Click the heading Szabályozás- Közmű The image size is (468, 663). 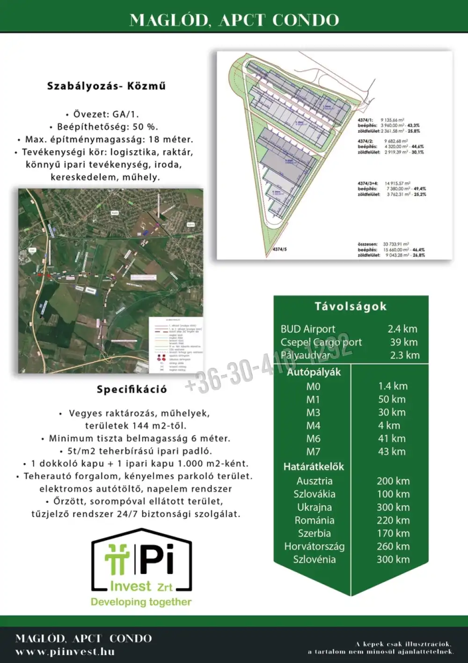pyautogui.click(x=106, y=86)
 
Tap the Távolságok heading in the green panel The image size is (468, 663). pyautogui.click(x=351, y=306)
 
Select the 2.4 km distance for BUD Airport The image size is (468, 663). pyautogui.click(x=402, y=329)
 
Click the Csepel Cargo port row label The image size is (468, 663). pyautogui.click(x=321, y=342)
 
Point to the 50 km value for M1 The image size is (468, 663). pyautogui.click(x=392, y=399)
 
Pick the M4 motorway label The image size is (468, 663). pyautogui.click(x=313, y=425)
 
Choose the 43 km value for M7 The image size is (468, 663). pyautogui.click(x=392, y=452)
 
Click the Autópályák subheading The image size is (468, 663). pyautogui.click(x=314, y=372)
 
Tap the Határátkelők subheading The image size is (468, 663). pyautogui.click(x=314, y=467)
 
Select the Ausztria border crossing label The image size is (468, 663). pyautogui.click(x=314, y=481)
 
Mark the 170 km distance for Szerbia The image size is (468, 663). pyautogui.click(x=393, y=533)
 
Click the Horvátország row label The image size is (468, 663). pyautogui.click(x=314, y=546)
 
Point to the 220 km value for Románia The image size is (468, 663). pyautogui.click(x=393, y=520)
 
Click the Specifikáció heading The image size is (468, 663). pyautogui.click(x=132, y=389)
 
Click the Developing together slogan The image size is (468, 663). pyautogui.click(x=141, y=602)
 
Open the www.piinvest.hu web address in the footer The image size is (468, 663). pyautogui.click(x=65, y=652)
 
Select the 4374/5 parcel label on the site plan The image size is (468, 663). pyautogui.click(x=279, y=250)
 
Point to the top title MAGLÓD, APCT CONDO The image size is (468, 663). pyautogui.click(x=234, y=20)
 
